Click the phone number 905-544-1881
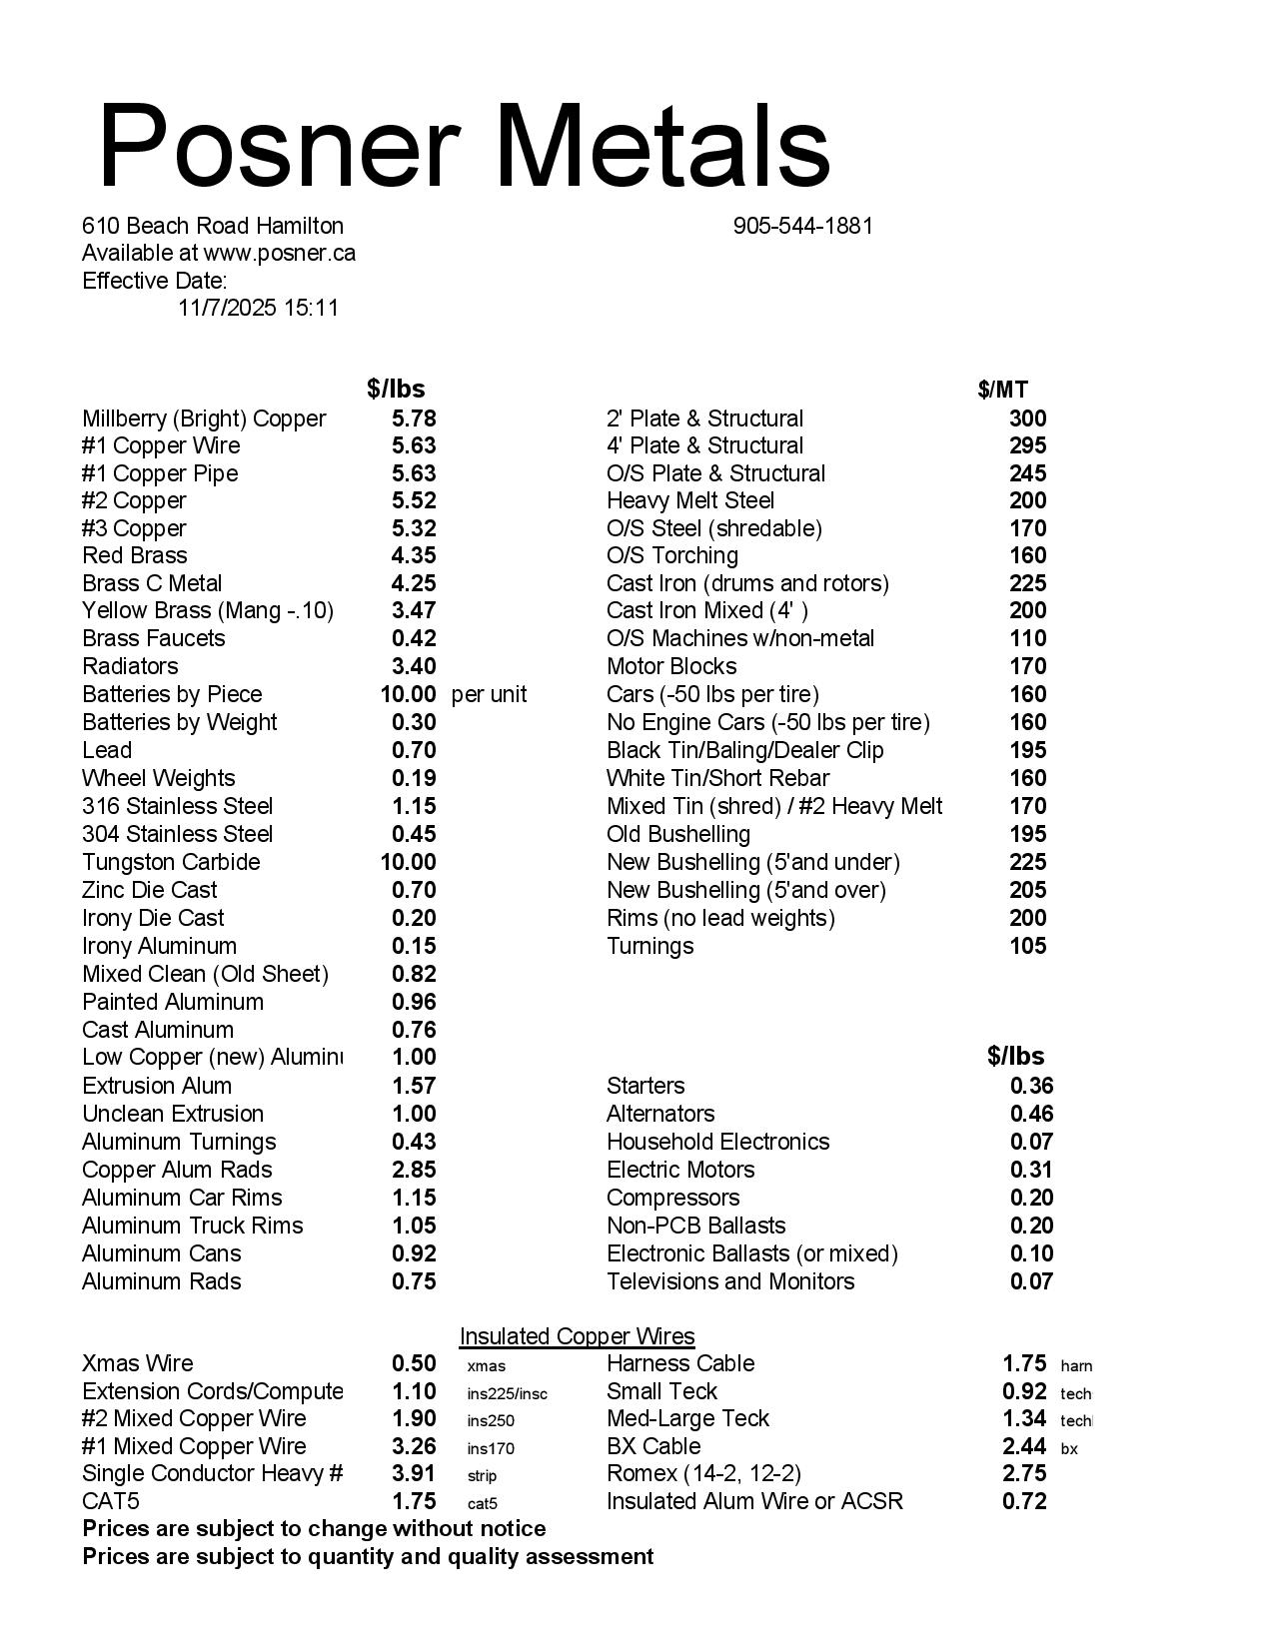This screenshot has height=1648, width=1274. [x=802, y=226]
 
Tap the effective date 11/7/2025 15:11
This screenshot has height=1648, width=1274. [x=258, y=308]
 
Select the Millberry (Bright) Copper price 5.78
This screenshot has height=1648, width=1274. [x=414, y=418]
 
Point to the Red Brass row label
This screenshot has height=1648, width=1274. [x=134, y=555]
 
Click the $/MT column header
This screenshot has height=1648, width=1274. [x=1002, y=390]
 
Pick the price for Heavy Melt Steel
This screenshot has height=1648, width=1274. [x=1027, y=500]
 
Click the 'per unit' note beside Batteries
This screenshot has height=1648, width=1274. [x=489, y=694]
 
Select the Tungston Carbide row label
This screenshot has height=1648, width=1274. [x=171, y=862]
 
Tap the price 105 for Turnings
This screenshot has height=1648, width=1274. [x=1027, y=946]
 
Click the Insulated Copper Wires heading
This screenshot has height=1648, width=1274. [x=577, y=1336]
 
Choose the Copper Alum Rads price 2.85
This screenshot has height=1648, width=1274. [x=414, y=1170]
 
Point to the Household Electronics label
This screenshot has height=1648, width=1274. [x=717, y=1142]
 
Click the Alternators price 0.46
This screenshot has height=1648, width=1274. [x=1031, y=1114]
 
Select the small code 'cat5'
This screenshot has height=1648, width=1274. [x=482, y=1503]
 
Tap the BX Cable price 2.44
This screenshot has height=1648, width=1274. [x=1023, y=1446]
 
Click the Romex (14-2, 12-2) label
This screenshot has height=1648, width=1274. [x=703, y=1473]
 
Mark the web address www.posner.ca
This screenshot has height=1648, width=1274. [x=279, y=253]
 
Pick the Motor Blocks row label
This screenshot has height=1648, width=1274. [x=671, y=666]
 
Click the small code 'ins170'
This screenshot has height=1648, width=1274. [x=491, y=1447]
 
